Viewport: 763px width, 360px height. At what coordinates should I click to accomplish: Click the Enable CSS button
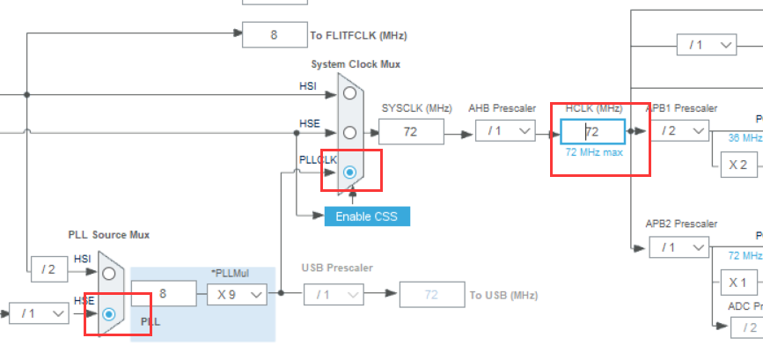(x=367, y=216)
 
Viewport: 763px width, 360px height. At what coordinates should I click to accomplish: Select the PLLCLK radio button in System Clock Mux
(x=350, y=173)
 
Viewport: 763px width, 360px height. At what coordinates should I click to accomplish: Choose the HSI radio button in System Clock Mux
(x=350, y=92)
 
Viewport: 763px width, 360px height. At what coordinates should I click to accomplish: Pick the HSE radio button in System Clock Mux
(x=350, y=133)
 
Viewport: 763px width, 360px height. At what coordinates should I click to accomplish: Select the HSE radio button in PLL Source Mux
(x=109, y=313)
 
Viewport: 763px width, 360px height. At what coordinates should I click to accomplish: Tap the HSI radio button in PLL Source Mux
(x=109, y=273)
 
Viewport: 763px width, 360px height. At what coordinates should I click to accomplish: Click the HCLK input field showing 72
(x=592, y=131)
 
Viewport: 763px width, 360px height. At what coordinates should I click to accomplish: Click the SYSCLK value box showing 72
(x=410, y=132)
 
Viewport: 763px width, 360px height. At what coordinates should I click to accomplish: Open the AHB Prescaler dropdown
(x=505, y=132)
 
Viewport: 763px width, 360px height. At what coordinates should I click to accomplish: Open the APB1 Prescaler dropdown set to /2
(x=679, y=131)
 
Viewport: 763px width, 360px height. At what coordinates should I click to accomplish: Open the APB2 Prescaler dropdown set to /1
(x=679, y=247)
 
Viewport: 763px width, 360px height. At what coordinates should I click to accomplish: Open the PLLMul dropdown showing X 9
(x=237, y=295)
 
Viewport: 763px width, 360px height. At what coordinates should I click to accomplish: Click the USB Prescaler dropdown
(x=334, y=295)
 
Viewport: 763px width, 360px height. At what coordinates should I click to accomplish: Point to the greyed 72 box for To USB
(x=431, y=295)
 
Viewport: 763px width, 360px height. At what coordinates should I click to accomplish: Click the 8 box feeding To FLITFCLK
(x=274, y=35)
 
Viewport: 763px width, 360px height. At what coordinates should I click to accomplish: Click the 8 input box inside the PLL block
(x=163, y=295)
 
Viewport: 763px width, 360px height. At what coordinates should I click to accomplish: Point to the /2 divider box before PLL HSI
(x=48, y=269)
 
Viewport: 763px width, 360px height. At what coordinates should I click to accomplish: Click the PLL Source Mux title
(x=109, y=235)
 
